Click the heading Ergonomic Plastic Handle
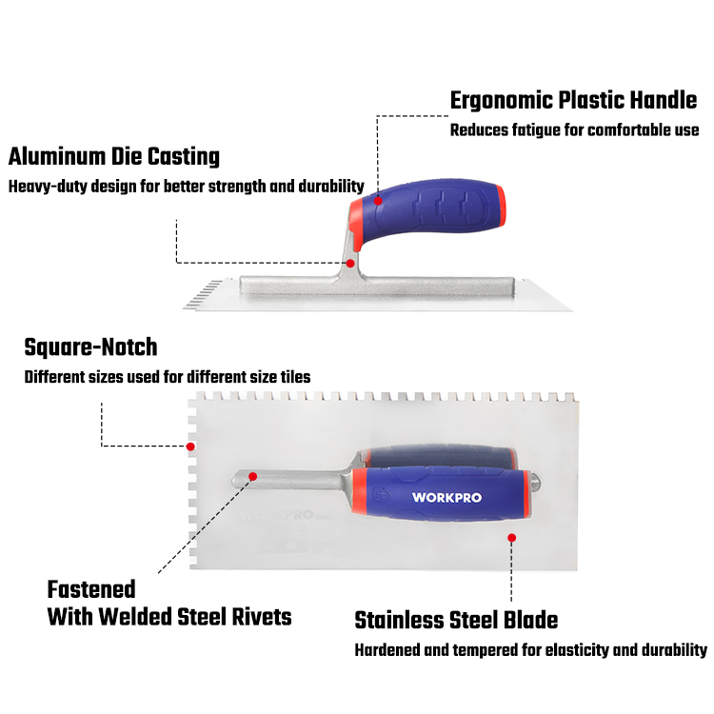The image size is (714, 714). pyautogui.click(x=573, y=101)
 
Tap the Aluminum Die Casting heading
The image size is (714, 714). pyautogui.click(x=114, y=156)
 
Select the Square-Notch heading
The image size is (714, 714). pyautogui.click(x=90, y=347)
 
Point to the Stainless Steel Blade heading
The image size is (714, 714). pyautogui.click(x=456, y=621)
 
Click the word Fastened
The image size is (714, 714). pyautogui.click(x=91, y=589)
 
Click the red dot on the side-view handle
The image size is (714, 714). pyautogui.click(x=378, y=201)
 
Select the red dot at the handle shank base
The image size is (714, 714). pyautogui.click(x=350, y=263)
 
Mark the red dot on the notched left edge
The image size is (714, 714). pyautogui.click(x=190, y=446)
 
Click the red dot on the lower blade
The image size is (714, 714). pyautogui.click(x=511, y=538)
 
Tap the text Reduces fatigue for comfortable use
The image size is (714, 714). pyautogui.click(x=574, y=130)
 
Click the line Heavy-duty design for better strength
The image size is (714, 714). pyautogui.click(x=187, y=186)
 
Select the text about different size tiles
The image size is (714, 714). pyautogui.click(x=167, y=377)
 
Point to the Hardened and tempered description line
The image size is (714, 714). pyautogui.click(x=530, y=651)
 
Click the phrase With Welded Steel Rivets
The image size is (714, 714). pyautogui.click(x=169, y=616)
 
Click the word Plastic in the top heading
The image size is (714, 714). pyautogui.click(x=586, y=101)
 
